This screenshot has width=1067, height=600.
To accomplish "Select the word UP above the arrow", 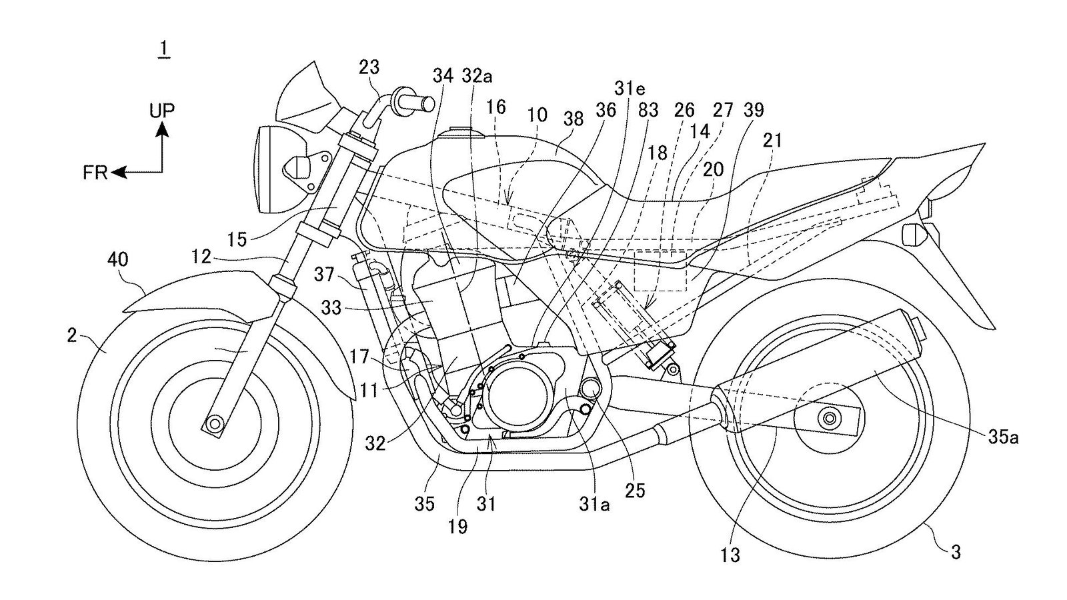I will coord(162,111).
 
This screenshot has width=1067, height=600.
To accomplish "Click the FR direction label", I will coord(95,173).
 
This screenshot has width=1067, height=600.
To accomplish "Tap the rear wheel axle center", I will coord(830,419).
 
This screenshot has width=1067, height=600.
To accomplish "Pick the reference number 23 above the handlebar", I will coord(369,67).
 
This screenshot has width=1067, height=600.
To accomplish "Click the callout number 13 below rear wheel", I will coord(731,555).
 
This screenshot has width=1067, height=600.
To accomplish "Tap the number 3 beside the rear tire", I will coord(956,552).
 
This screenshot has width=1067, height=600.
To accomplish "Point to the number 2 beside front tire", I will coord(72,335).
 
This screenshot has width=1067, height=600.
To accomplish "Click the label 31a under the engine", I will coord(594,505).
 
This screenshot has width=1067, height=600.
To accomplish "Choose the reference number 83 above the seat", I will coord(647,111).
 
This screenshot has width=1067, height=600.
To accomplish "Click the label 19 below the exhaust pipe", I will coord(458,527).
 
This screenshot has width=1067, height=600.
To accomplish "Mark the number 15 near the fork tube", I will coord(236,238).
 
